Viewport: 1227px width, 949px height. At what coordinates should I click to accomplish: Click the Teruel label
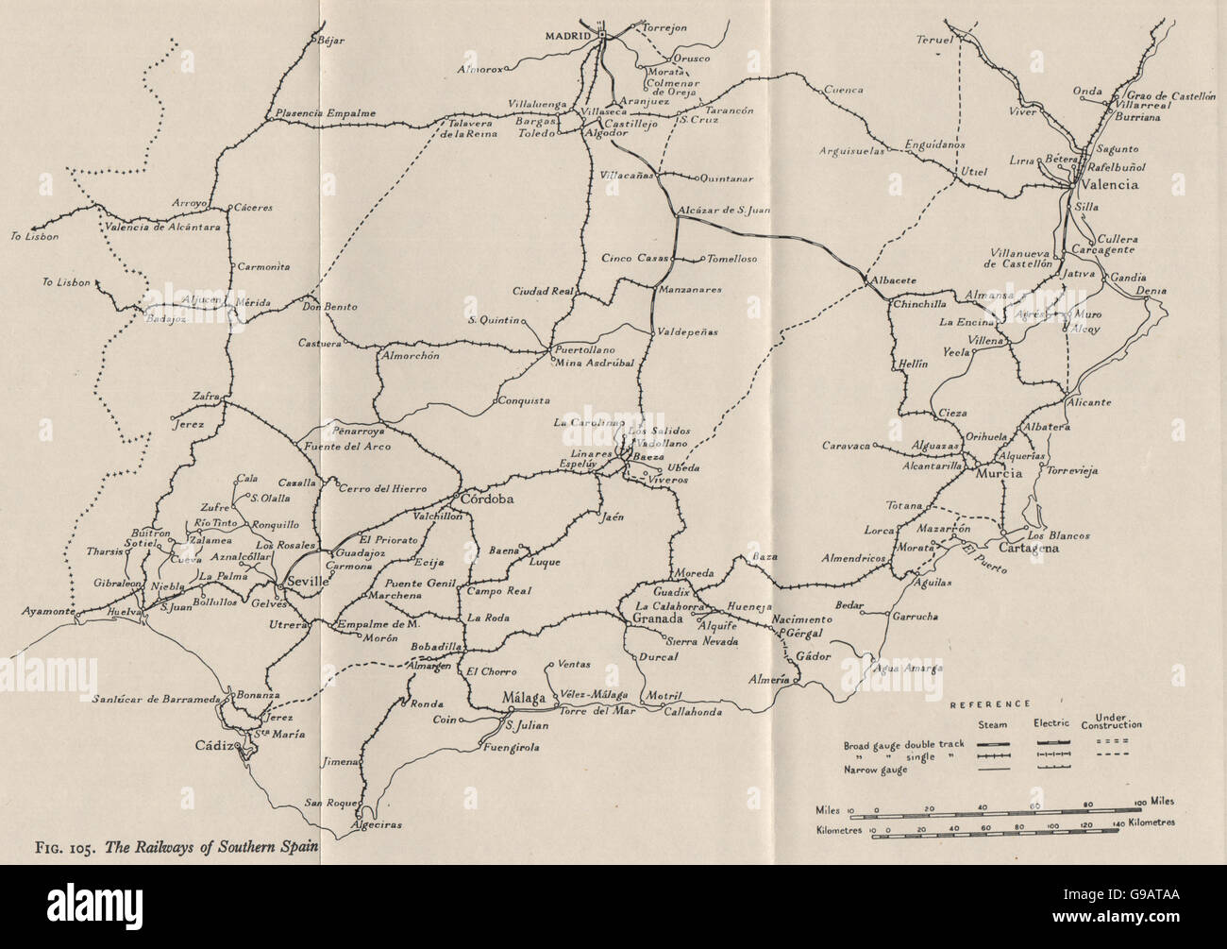934,40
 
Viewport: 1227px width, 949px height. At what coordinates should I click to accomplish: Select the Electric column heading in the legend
1053,725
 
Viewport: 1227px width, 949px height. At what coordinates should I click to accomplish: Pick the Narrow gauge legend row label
875,770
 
